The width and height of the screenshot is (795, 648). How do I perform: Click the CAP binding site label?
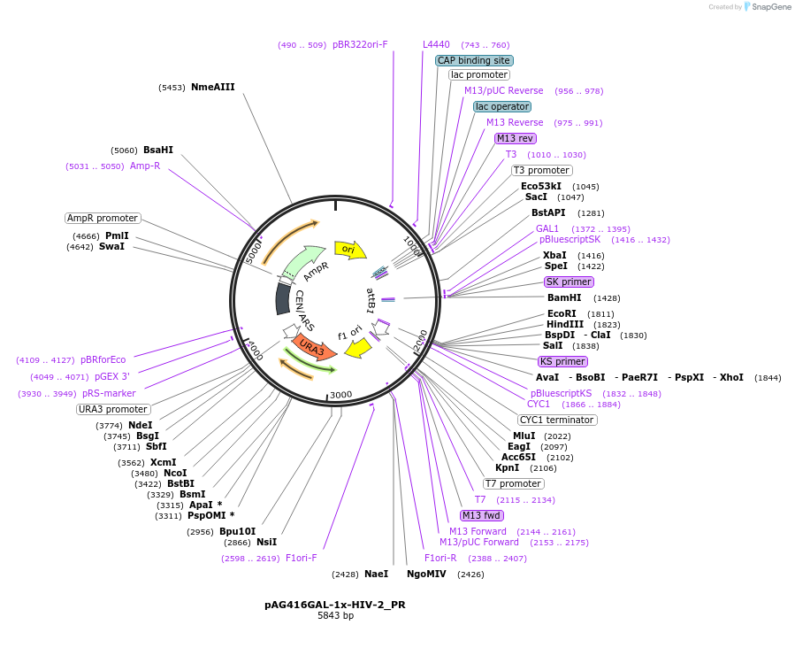pyautogui.click(x=474, y=60)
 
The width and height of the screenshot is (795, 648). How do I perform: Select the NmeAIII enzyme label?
pyautogui.click(x=212, y=87)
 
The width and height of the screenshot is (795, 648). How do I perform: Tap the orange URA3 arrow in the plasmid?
pyautogui.click(x=315, y=347)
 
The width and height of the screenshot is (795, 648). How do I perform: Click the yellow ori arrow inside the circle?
pyautogui.click(x=349, y=250)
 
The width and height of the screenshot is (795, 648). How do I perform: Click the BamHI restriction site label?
pyautogui.click(x=563, y=297)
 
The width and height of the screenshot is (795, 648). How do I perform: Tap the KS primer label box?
pyautogui.click(x=562, y=361)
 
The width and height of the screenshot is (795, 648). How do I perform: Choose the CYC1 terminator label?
pyautogui.click(x=557, y=420)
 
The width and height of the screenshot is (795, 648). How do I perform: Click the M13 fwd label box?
pyautogui.click(x=481, y=515)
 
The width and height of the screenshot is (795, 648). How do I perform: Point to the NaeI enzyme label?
pyautogui.click(x=376, y=574)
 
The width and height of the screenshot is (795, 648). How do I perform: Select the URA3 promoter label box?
pyautogui.click(x=113, y=409)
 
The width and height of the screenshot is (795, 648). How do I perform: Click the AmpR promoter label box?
pyautogui.click(x=103, y=218)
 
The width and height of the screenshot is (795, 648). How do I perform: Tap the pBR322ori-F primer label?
pyautogui.click(x=360, y=44)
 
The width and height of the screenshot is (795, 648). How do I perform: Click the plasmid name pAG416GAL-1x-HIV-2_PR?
pyautogui.click(x=335, y=605)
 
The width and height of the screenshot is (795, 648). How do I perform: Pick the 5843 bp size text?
pyautogui.click(x=335, y=616)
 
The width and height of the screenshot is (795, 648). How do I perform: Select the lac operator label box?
pyautogui.click(x=501, y=106)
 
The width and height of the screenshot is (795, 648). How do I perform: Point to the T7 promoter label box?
pyautogui.click(x=513, y=483)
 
